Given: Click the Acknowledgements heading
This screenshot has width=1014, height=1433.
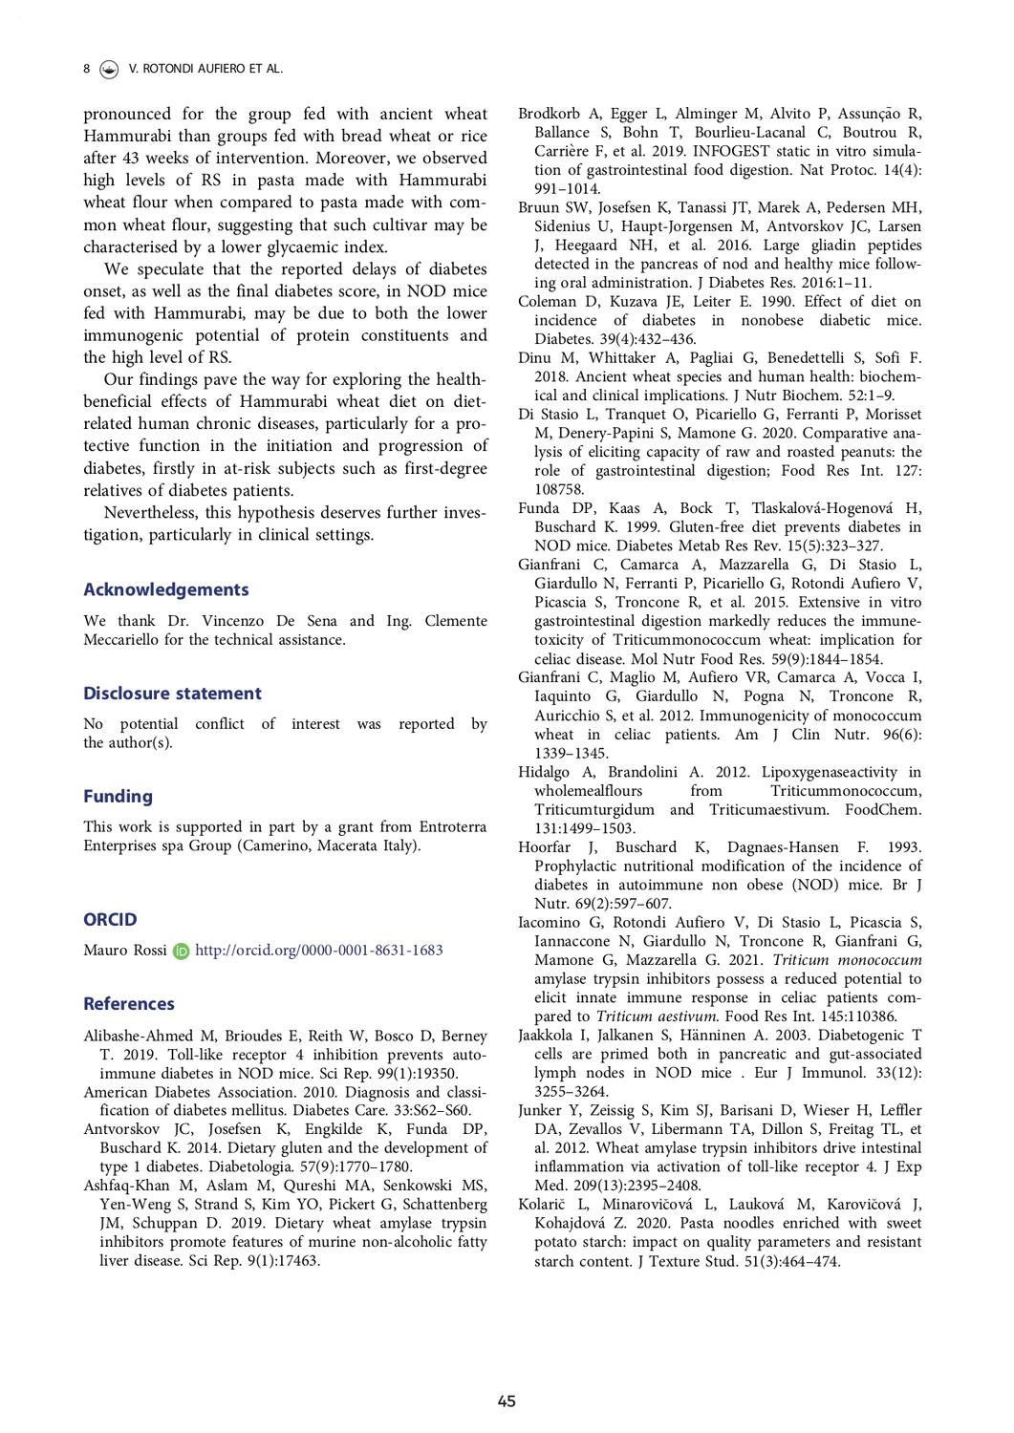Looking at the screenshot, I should pos(165,589).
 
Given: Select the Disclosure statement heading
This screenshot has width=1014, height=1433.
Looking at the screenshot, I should pos(172,694).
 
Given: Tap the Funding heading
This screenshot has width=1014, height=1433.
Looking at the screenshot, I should pos(118,796).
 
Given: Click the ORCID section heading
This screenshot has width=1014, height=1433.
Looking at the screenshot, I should pos(110,919).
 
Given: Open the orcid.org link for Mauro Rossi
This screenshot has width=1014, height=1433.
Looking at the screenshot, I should pos(318,951).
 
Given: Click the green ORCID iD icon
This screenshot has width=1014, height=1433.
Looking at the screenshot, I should pos(182,952).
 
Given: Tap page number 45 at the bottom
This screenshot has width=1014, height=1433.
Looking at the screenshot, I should pos(507,1401).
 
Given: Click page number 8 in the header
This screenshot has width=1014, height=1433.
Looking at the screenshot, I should pos(87,69).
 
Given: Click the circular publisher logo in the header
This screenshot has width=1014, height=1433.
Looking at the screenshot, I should pos(109,69).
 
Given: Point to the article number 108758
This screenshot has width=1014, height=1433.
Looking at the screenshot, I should pos(559,489).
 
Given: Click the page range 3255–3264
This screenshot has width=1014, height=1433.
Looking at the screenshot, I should pos(571,1091).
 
